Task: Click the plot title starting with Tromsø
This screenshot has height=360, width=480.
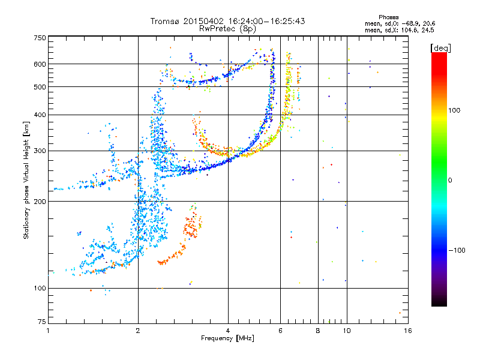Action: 228,21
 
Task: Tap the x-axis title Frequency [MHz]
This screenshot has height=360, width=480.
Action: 228,338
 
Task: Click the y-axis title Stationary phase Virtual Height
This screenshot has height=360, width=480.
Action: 26,180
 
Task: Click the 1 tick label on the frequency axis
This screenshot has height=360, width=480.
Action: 48,331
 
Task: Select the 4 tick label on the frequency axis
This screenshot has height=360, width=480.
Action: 228,331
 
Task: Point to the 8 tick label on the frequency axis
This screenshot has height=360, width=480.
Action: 318,331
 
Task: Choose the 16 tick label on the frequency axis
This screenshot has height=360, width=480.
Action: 407,331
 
